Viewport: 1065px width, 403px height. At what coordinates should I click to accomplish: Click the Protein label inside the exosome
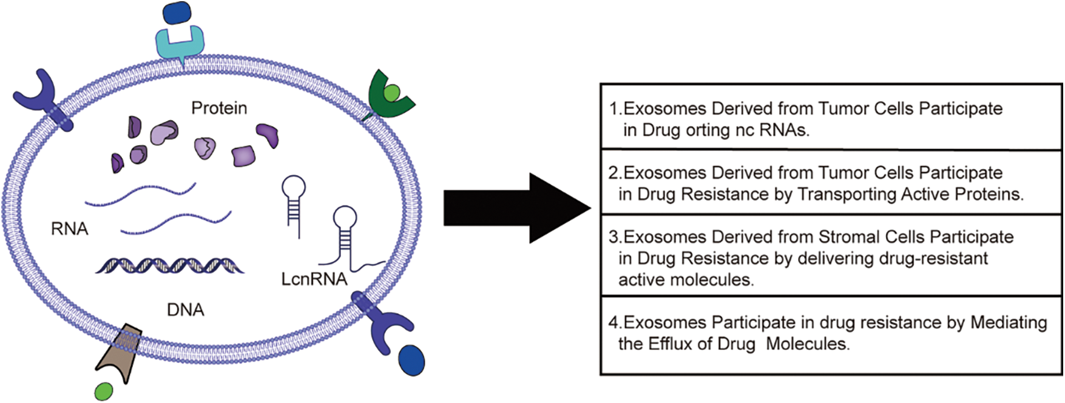click(219, 108)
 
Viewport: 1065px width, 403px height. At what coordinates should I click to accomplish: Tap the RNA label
click(69, 229)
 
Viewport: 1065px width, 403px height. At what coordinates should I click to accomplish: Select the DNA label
click(185, 310)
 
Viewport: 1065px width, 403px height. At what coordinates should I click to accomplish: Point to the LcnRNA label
click(314, 279)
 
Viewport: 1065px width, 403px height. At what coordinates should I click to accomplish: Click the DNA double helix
click(169, 265)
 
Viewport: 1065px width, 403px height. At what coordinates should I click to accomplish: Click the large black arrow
click(516, 208)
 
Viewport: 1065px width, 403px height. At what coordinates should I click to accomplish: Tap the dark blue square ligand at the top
click(177, 14)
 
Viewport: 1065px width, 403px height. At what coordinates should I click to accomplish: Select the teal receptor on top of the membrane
click(180, 44)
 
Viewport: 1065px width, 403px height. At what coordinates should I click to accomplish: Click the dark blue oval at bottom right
click(411, 360)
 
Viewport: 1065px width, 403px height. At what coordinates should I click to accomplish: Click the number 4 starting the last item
click(614, 322)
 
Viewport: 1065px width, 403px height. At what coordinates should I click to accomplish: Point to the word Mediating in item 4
click(1008, 322)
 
